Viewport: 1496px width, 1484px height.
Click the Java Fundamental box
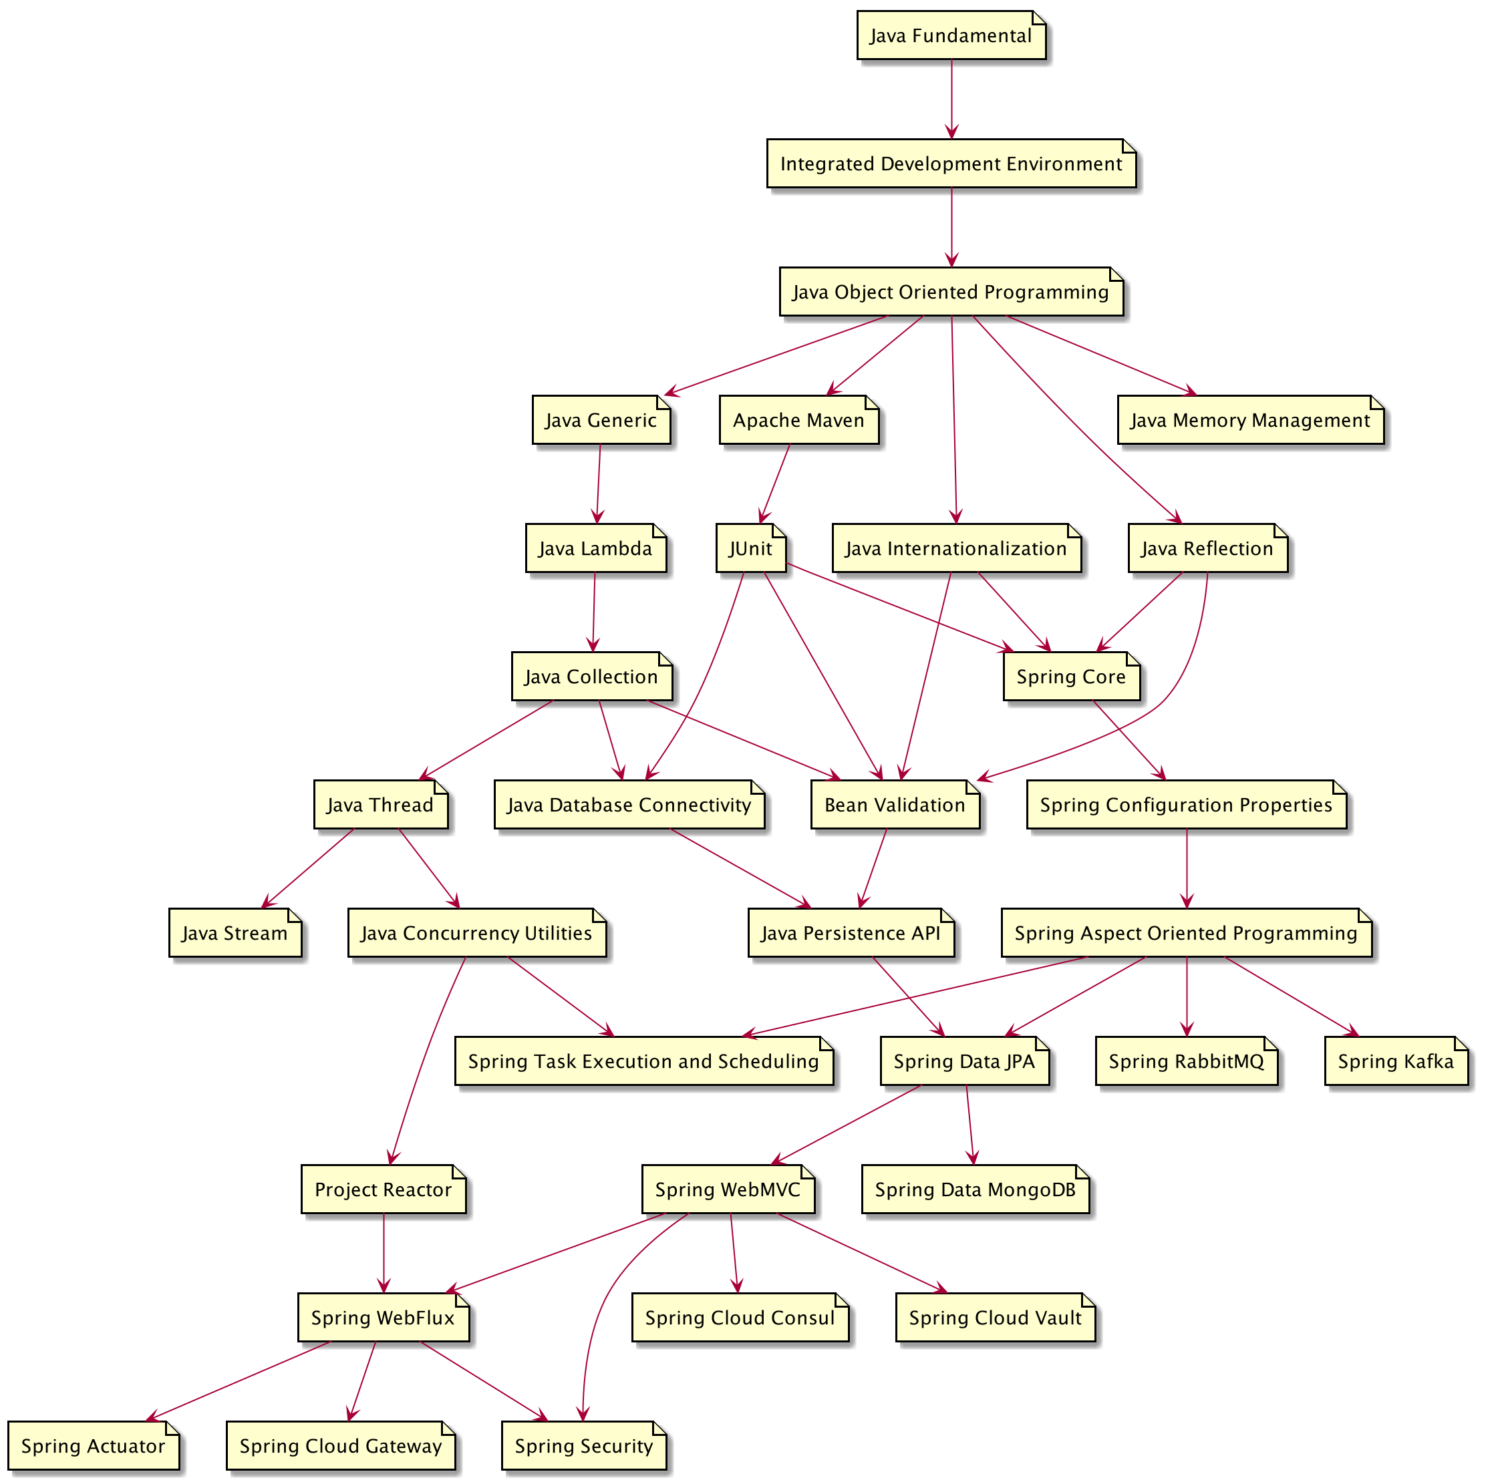950,35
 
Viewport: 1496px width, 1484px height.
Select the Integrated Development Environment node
951,164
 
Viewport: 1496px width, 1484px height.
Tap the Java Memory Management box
1249,420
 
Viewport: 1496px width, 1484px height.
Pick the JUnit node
750,549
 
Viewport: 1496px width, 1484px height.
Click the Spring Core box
1071,677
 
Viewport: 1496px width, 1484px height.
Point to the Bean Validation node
895,805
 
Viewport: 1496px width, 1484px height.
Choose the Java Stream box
235,934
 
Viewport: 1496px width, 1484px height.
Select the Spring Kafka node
1395,1061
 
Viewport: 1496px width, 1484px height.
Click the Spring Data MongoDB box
975,1190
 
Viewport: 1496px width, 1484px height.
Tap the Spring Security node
584,1446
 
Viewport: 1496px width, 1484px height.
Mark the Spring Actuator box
93,1446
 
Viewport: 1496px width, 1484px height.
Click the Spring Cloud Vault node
995,1318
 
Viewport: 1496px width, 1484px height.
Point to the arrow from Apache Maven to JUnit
776,483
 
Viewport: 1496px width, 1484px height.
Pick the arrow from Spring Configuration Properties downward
1186,868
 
